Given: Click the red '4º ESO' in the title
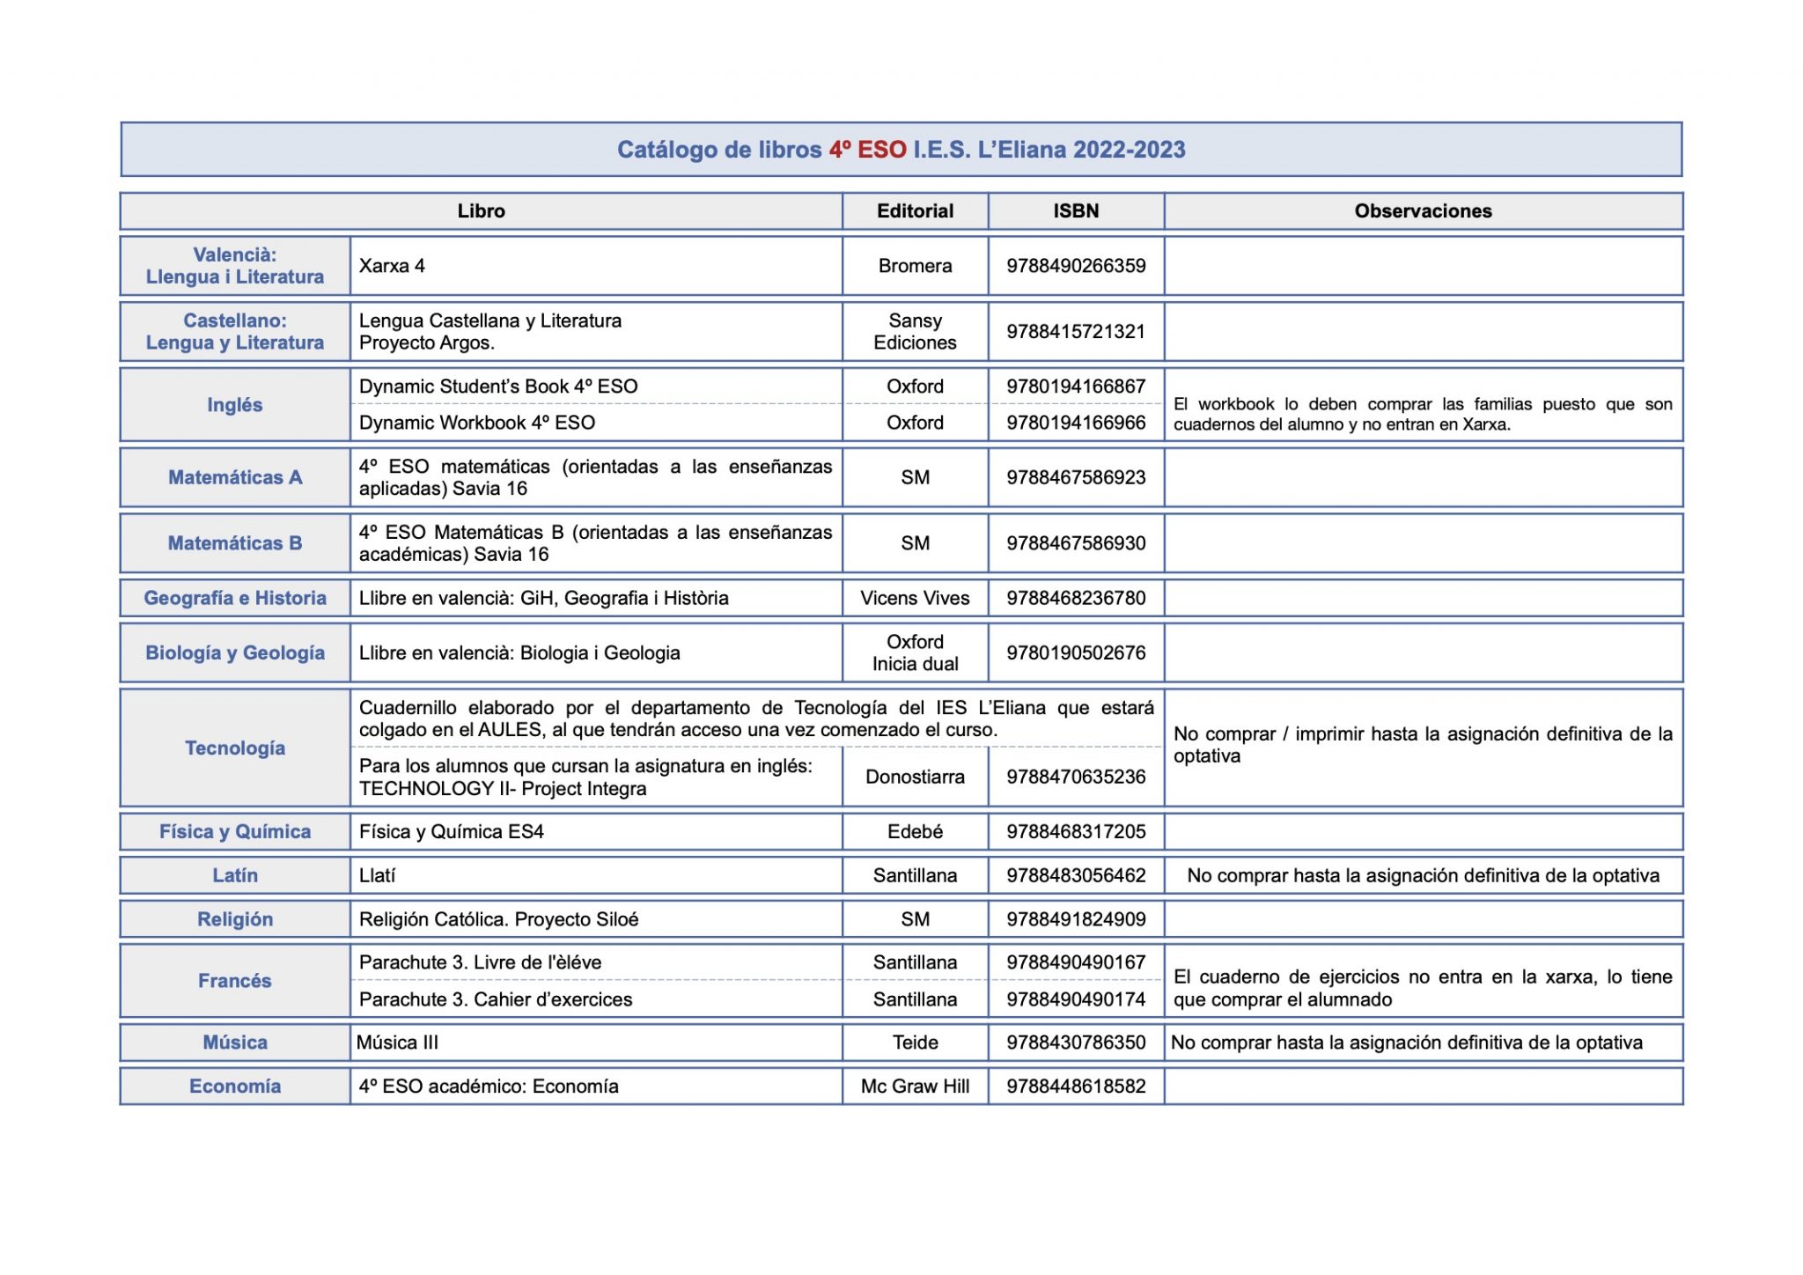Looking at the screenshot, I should [x=867, y=150].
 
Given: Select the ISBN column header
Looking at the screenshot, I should [x=1076, y=211].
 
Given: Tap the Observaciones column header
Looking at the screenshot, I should [x=1423, y=211].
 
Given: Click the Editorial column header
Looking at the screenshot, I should [x=915, y=211].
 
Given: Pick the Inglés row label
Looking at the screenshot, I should [x=235, y=405].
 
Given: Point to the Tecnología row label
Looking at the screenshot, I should [x=235, y=748].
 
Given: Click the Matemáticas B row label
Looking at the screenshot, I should [x=235, y=543].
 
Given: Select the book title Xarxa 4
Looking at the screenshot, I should [x=392, y=266].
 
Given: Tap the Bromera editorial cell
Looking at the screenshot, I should [x=915, y=266].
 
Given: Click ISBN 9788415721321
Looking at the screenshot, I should [x=1076, y=332].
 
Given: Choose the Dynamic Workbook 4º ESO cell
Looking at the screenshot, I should [x=477, y=423].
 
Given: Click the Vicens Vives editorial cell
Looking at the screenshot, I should [x=915, y=599].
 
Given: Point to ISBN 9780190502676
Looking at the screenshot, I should [x=1076, y=653].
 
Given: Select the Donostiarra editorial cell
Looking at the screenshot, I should [x=915, y=777].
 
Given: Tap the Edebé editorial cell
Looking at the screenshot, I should [x=915, y=832].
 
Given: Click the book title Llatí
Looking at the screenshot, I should [x=378, y=876].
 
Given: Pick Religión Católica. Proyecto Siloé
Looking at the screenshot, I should [x=498, y=920].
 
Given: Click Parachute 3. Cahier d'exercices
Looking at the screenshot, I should [x=496, y=999].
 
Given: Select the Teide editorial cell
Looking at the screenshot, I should [x=915, y=1043].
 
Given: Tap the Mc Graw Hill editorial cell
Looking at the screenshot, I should [x=915, y=1087].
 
